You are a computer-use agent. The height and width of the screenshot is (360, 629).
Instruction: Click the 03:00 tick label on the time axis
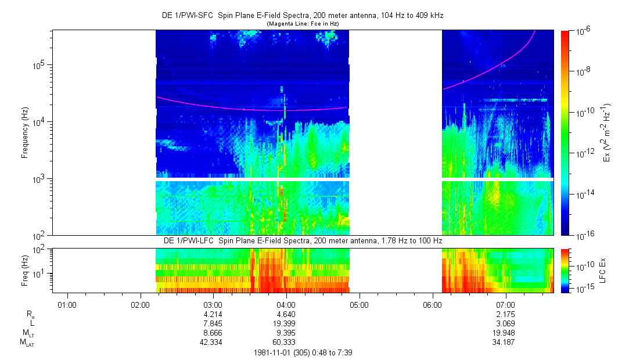213,304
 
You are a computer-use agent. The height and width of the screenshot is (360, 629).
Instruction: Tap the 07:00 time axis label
506,304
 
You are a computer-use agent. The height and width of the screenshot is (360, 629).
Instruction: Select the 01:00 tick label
67,304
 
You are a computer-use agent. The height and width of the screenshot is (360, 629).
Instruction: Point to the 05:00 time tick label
360,304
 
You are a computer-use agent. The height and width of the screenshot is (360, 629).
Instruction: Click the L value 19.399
286,323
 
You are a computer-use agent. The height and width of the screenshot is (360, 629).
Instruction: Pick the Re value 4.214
213,314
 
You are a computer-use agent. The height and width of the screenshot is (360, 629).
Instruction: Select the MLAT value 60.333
286,342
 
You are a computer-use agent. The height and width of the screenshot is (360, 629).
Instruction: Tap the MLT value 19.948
506,333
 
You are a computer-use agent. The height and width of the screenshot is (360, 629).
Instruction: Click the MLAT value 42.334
213,342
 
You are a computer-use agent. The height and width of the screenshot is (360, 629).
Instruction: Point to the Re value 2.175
506,314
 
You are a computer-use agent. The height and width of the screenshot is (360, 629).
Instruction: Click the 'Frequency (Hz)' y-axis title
25,132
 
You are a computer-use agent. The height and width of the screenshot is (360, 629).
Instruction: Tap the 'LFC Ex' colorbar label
605,270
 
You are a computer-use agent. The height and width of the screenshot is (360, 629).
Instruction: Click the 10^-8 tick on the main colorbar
583,70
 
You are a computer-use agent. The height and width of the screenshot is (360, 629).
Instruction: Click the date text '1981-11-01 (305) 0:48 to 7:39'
303,352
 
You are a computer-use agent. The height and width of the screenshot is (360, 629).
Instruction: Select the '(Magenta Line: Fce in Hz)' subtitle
303,23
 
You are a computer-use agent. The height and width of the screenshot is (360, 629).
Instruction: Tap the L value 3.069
506,323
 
